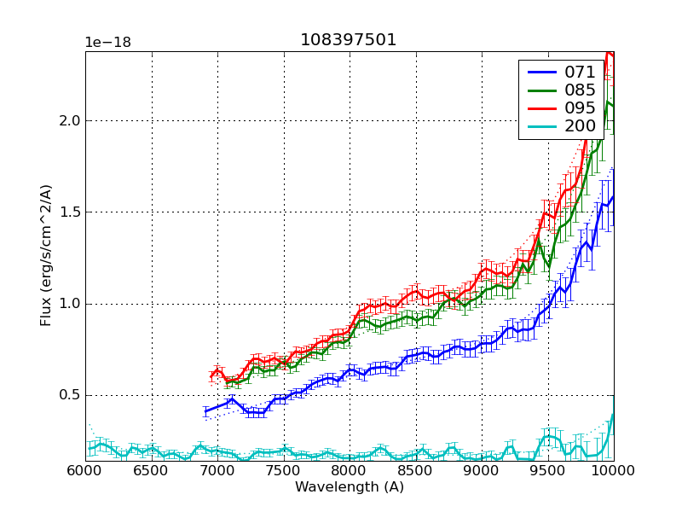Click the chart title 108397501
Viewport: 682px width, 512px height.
[x=349, y=40]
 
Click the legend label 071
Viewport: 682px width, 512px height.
[x=580, y=73]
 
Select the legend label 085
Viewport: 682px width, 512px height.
[x=580, y=90]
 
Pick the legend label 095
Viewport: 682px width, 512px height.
[x=580, y=108]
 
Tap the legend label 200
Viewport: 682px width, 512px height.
[x=580, y=126]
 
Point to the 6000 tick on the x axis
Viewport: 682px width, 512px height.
[x=85, y=471]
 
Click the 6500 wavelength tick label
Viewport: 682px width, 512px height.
[x=152, y=471]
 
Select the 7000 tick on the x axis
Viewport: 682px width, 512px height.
[x=217, y=471]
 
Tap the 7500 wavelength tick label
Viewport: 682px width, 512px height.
[x=284, y=471]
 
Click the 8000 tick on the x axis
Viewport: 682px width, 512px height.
[x=350, y=471]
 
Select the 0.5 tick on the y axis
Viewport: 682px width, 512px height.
[x=69, y=395]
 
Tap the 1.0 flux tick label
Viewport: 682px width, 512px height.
[x=69, y=304]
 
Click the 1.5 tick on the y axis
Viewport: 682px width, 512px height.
[x=69, y=212]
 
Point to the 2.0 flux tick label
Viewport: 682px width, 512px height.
[x=69, y=121]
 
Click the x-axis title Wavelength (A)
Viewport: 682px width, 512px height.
[x=350, y=487]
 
